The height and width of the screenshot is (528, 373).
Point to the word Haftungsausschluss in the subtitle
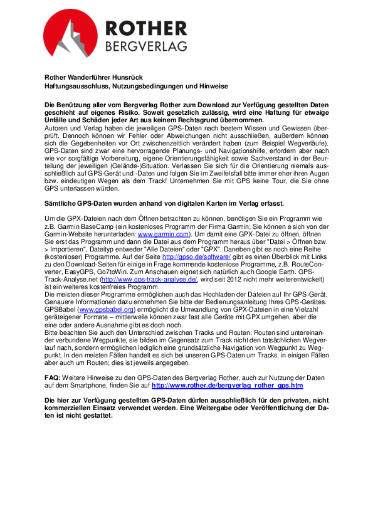coord(73,85)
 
